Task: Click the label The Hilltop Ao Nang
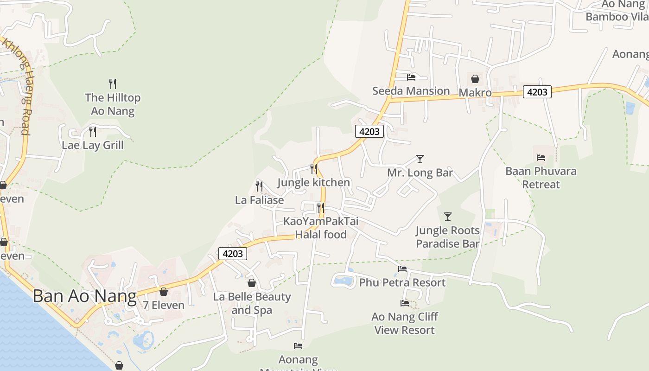(x=113, y=104)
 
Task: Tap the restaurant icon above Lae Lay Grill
(x=93, y=132)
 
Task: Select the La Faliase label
(x=259, y=200)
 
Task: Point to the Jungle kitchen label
(x=313, y=182)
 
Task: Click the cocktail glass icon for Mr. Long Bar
(x=420, y=159)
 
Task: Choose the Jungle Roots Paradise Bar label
(x=447, y=237)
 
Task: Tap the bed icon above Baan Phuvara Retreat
(x=541, y=158)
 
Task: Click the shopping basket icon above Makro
(x=475, y=79)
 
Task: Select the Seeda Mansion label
(x=411, y=91)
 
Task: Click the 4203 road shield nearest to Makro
(x=537, y=92)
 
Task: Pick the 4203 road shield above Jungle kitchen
(x=369, y=131)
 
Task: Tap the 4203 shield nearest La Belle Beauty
(x=233, y=254)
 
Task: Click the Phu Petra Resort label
(x=402, y=282)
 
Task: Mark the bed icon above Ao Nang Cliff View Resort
(x=405, y=303)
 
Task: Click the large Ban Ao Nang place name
(x=84, y=296)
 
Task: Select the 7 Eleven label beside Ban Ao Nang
(x=163, y=305)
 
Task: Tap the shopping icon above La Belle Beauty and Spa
(x=252, y=283)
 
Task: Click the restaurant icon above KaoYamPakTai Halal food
(x=320, y=207)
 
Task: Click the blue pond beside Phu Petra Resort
(x=343, y=281)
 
